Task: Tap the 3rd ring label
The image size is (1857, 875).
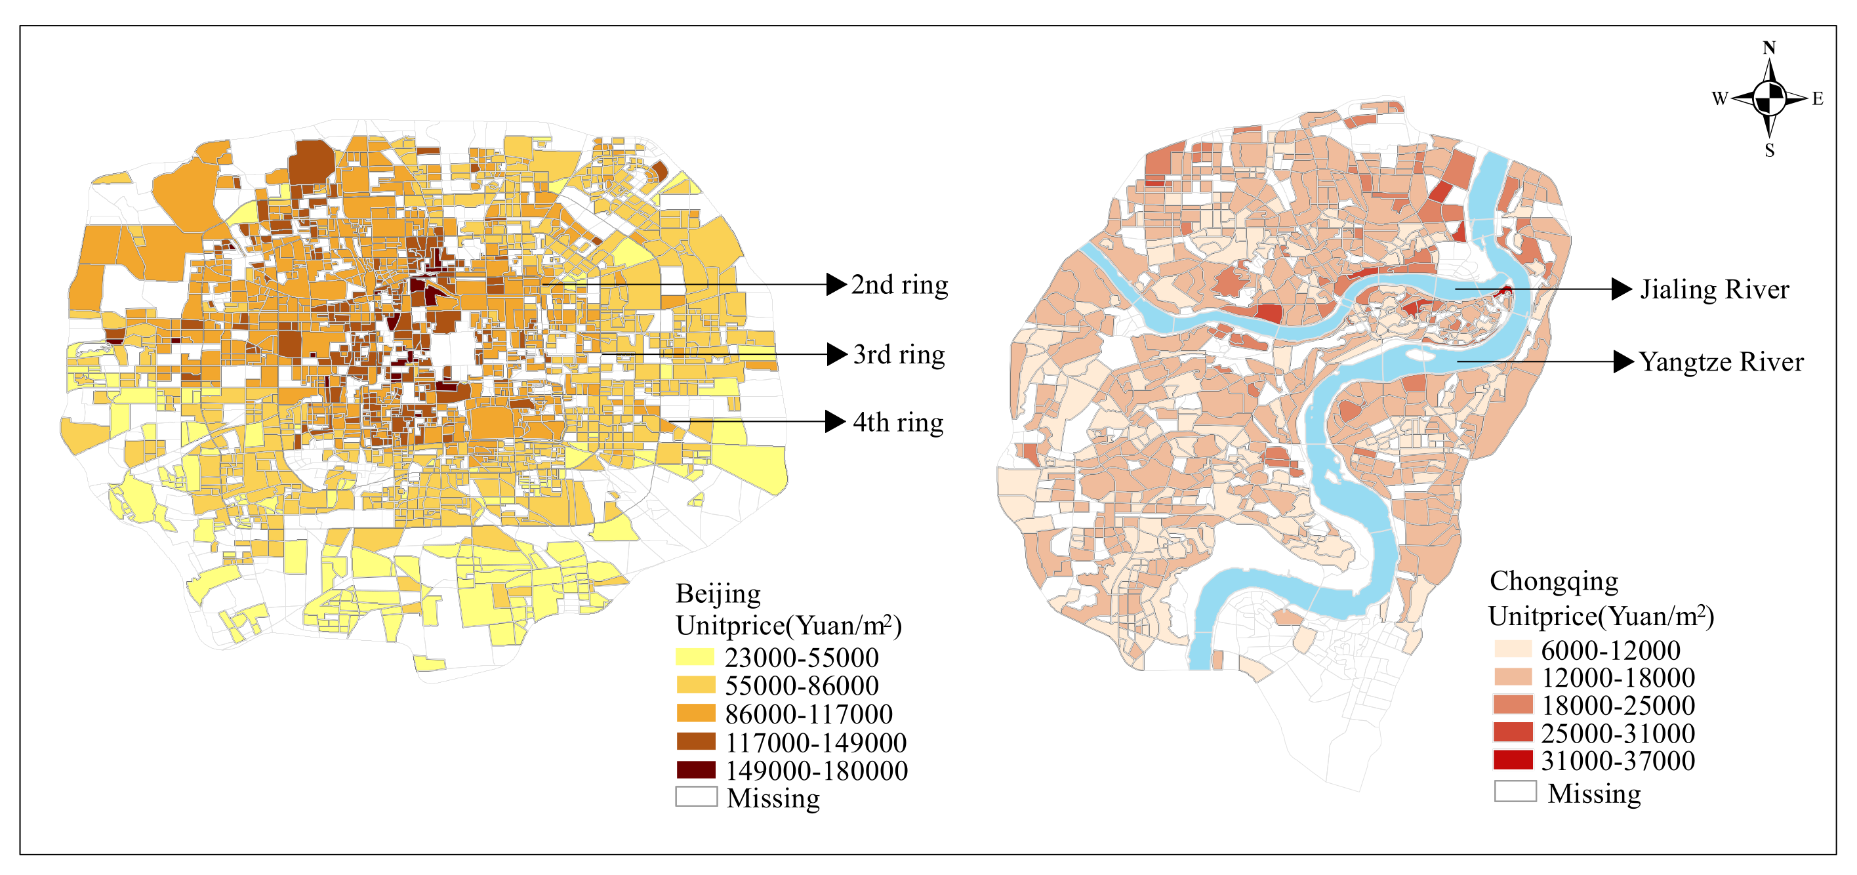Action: coord(898,355)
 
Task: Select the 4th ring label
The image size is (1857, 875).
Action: coord(897,422)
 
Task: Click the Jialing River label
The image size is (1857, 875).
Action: coord(1714,290)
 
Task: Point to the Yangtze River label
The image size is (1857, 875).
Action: coord(1721,362)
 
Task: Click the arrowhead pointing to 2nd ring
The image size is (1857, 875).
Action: coord(836,285)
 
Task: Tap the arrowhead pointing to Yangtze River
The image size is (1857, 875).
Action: coord(1623,362)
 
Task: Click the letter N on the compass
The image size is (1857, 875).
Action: coord(1769,48)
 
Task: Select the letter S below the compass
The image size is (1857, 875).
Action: coord(1769,151)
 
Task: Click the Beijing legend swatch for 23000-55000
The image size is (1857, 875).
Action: coord(696,657)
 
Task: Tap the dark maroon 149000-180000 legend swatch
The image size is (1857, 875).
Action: coord(696,770)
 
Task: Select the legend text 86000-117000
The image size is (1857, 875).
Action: coord(808,714)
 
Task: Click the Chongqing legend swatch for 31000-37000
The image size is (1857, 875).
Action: coord(1513,760)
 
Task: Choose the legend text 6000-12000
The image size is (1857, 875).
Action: coord(1610,650)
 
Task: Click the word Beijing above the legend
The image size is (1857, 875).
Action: coord(718,594)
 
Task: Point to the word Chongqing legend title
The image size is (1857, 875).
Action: coord(1553,581)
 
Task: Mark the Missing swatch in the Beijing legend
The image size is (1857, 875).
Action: coord(696,796)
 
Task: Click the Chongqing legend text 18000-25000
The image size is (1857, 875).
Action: coord(1618,705)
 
